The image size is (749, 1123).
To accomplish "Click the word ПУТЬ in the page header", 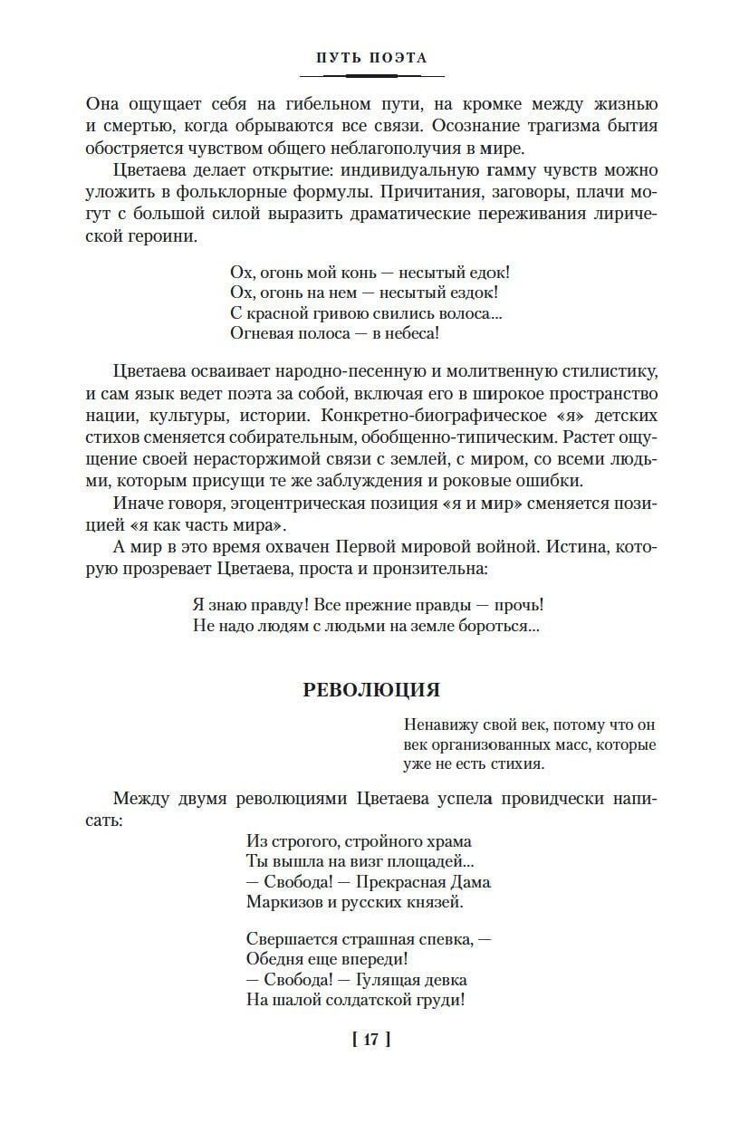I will click(x=340, y=57).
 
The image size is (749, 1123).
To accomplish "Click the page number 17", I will click(x=371, y=1040).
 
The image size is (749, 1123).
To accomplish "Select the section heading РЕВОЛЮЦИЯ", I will click(x=371, y=690).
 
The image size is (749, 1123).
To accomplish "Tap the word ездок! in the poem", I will click(x=472, y=293).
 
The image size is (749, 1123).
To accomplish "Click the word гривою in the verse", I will click(x=325, y=312).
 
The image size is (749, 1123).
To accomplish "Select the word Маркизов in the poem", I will click(x=281, y=902).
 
